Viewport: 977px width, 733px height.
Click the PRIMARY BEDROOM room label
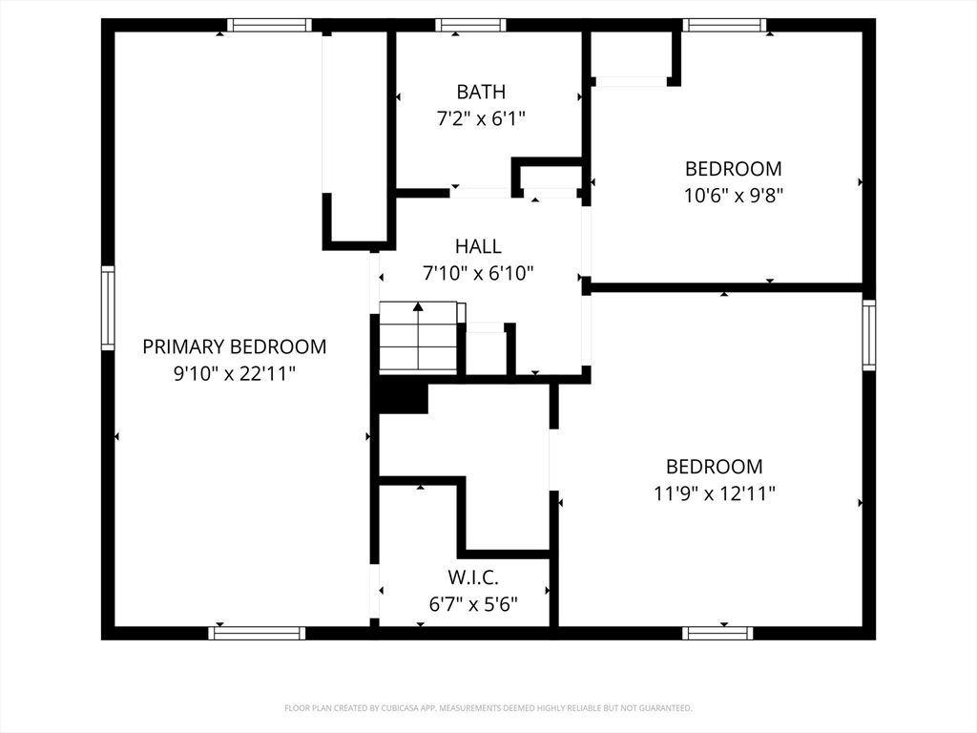[x=234, y=346]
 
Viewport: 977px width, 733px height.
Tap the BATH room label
[x=481, y=92]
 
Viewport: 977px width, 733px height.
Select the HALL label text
[x=478, y=246]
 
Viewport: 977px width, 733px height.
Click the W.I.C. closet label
[x=473, y=577]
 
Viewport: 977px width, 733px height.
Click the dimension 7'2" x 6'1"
[x=481, y=119]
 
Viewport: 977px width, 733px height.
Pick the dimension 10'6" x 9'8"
[x=733, y=196]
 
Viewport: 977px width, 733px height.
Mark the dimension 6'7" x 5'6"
[x=473, y=604]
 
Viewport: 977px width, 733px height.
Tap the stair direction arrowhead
[x=417, y=306]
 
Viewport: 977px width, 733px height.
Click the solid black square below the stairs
[x=403, y=395]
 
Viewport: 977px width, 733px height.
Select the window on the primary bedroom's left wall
[x=108, y=308]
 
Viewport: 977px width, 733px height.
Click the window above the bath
[x=470, y=26]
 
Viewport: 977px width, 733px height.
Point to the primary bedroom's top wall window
[x=269, y=26]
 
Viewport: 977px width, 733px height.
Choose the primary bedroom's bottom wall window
[x=258, y=633]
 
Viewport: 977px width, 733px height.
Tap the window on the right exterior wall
[x=868, y=336]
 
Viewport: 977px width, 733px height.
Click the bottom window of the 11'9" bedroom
[x=717, y=633]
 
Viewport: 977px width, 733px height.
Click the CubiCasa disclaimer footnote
[x=488, y=708]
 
